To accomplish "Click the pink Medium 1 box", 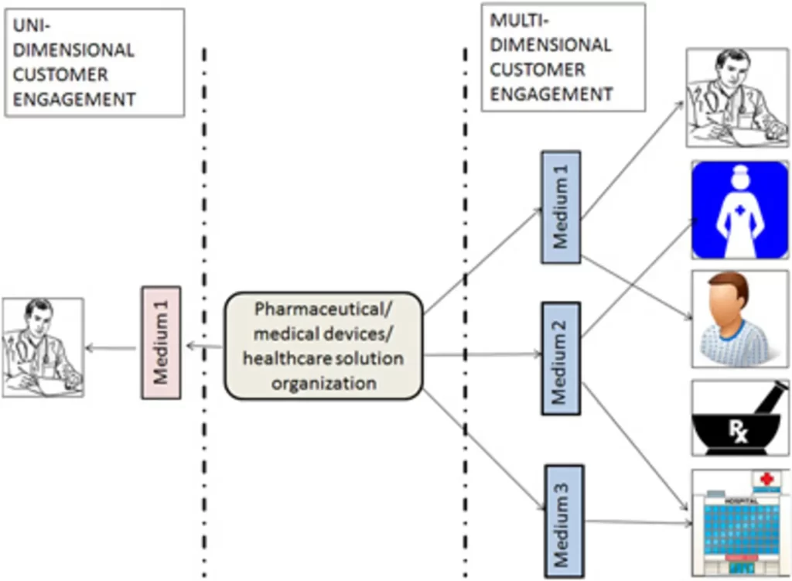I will [161, 343].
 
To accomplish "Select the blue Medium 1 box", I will [561, 207].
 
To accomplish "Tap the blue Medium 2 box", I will [561, 358].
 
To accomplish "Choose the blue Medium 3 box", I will [564, 521].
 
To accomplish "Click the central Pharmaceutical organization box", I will [323, 345].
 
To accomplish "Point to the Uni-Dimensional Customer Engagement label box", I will [94, 63].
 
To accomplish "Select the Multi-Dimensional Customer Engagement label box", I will [562, 56].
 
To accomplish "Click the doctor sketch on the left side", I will [43, 348].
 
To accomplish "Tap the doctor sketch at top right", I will [736, 97].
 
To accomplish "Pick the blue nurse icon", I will [739, 210].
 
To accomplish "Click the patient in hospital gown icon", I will [739, 318].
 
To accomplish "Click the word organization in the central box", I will [323, 383].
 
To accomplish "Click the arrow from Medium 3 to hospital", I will [634, 522].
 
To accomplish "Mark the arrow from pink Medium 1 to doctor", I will [113, 349].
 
